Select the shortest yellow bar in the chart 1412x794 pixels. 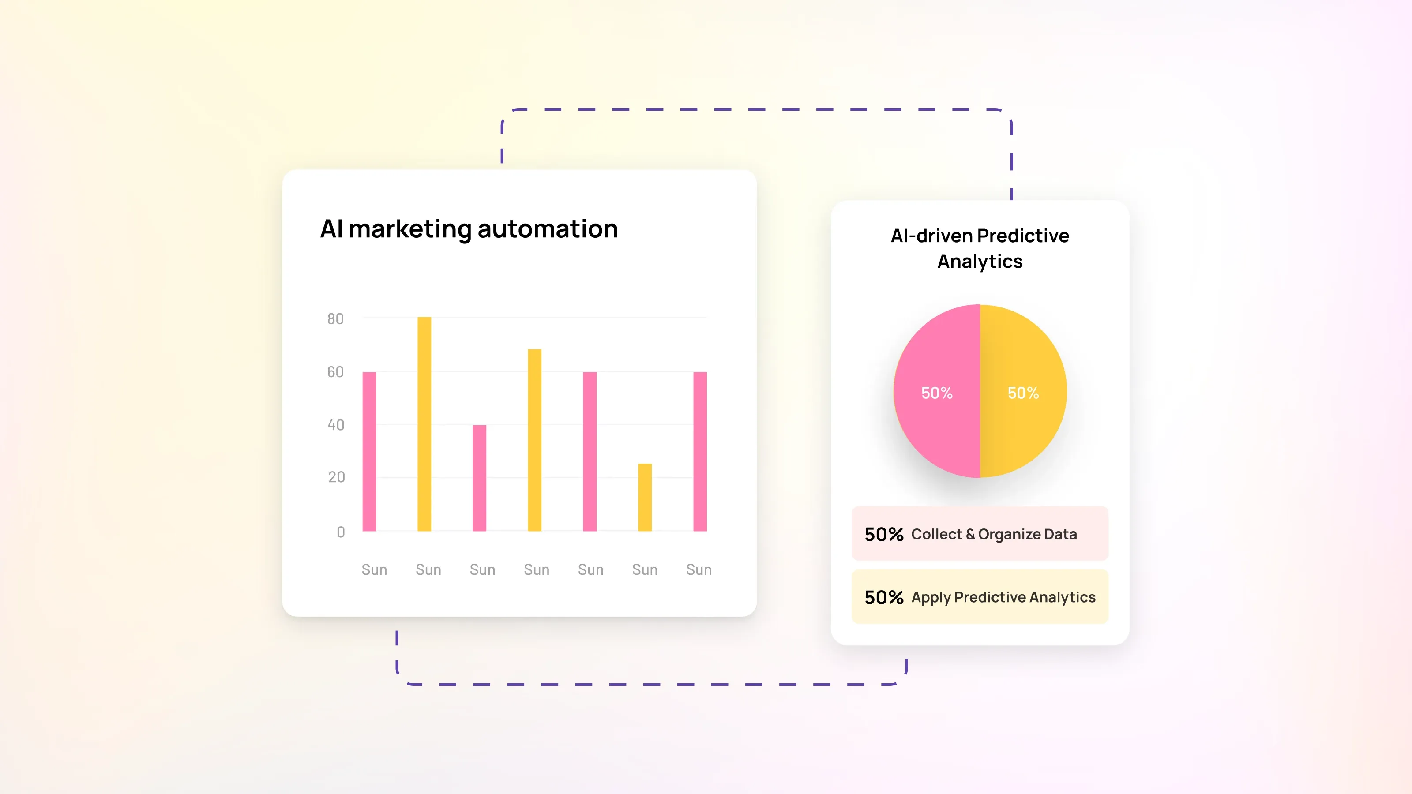tap(645, 497)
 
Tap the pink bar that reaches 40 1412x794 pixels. tap(479, 478)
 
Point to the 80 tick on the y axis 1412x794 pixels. tap(335, 319)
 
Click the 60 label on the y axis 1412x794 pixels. tap(335, 372)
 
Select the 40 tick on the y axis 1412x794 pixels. tap(335, 425)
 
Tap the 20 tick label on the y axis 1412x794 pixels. tap(337, 477)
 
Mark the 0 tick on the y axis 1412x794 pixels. tap(340, 532)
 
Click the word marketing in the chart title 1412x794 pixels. tap(409, 229)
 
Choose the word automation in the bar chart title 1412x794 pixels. tap(548, 229)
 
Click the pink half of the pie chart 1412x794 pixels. tap(937, 427)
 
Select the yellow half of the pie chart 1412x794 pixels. tap(1023, 427)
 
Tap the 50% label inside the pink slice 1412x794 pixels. tap(937, 393)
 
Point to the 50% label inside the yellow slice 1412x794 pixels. tap(1023, 393)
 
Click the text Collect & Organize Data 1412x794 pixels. tap(994, 534)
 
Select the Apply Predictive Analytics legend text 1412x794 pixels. tap(1003, 597)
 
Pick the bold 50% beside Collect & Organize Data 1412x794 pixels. tap(883, 534)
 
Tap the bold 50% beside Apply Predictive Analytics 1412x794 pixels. tap(883, 597)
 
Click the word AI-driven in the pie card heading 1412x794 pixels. tap(931, 236)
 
